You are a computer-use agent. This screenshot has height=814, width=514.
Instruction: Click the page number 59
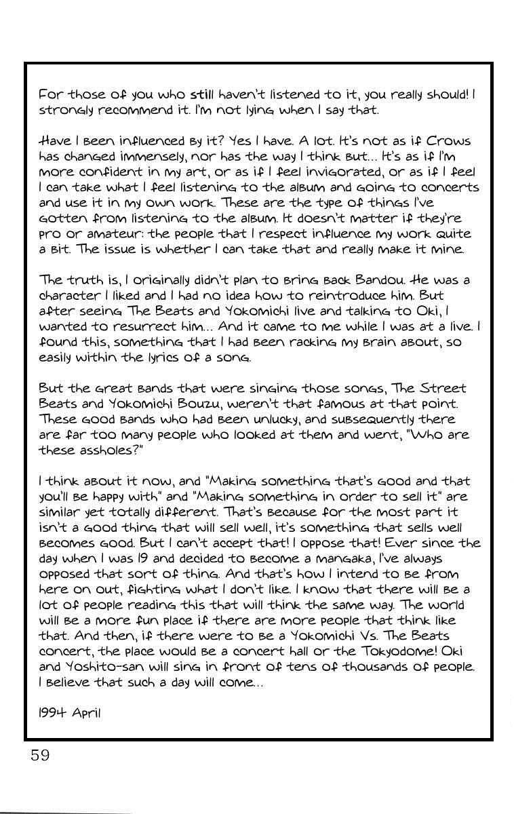pos(40,756)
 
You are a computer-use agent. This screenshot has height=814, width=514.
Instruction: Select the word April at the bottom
pos(85,714)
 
